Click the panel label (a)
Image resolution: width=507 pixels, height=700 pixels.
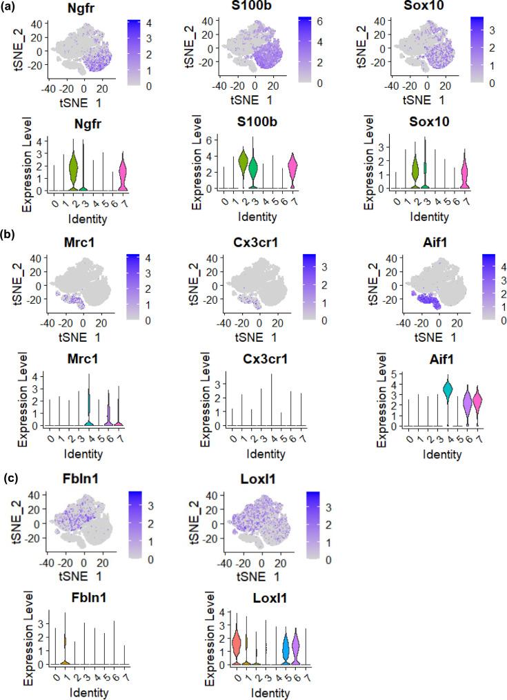(12, 8)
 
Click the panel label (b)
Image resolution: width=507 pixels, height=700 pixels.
(12, 238)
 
